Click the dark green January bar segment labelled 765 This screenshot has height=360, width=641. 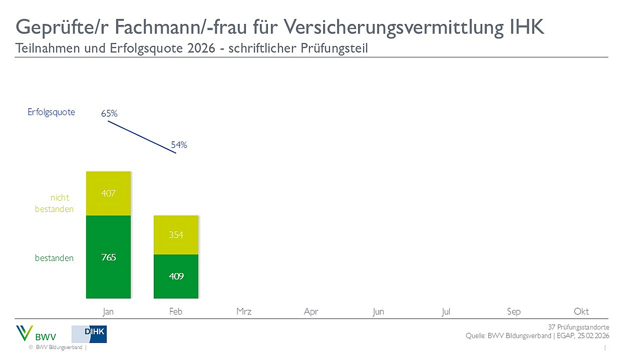coord(108,257)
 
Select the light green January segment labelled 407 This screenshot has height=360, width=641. coord(108,193)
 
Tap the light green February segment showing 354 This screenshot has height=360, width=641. coord(176,235)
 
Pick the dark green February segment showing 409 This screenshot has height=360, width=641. coord(176,276)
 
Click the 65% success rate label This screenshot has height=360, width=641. coord(109,113)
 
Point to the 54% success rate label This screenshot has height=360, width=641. coord(179,145)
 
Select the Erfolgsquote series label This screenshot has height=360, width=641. coord(52,112)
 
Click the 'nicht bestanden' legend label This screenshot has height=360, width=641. coord(54,203)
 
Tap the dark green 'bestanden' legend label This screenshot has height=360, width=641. coord(54,258)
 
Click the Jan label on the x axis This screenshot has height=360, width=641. coord(108,312)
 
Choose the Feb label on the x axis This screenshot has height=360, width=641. coord(176,312)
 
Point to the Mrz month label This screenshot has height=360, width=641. coord(244,312)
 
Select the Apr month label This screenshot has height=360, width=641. coord(311,312)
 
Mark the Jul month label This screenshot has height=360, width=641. coord(446,312)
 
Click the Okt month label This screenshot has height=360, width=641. coord(581,312)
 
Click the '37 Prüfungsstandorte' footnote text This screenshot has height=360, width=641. coord(578,327)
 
